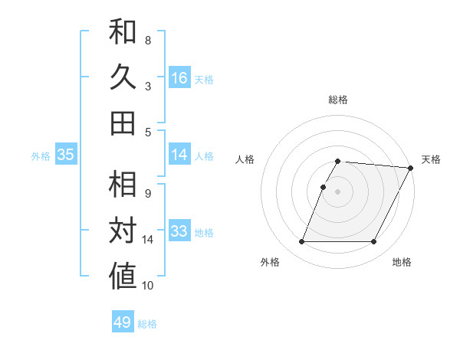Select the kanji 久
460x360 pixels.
pos(123,77)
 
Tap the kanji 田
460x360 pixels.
pos(123,123)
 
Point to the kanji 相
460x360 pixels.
pos(123,185)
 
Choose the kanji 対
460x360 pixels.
pos(123,231)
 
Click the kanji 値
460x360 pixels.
pos(123,277)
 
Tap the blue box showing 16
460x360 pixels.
pos(179,77)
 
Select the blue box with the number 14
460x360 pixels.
pos(179,155)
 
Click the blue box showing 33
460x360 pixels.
pos(179,231)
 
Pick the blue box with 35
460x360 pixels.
pos(66,155)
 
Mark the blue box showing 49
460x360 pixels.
pos(123,322)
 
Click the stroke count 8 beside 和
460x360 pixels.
pos(148,41)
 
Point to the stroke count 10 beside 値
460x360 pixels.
pos(148,286)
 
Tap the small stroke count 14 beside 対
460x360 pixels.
pos(148,240)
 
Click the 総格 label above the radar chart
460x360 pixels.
pos(338,100)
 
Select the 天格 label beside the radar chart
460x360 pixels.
pos(431,159)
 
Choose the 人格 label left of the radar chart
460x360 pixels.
pos(245,159)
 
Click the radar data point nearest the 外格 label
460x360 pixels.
pos(301,242)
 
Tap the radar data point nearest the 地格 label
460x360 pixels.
pos(374,242)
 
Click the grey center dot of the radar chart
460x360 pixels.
pos(338,191)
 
